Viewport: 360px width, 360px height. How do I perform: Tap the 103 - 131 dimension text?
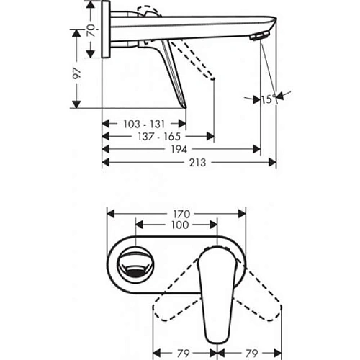click(143, 124)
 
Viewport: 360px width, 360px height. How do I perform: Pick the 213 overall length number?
click(188, 163)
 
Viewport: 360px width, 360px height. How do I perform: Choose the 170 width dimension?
click(179, 214)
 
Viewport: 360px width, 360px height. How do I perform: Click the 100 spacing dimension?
click(179, 225)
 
